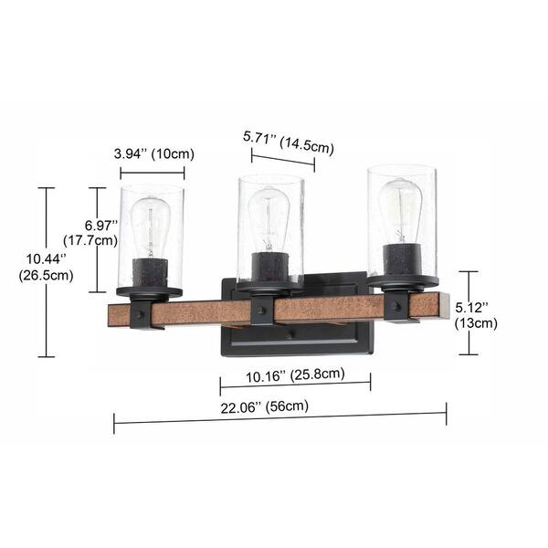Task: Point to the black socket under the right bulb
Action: coord(403,261)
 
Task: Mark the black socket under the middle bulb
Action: coord(269,267)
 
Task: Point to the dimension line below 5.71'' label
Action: coord(283,161)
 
